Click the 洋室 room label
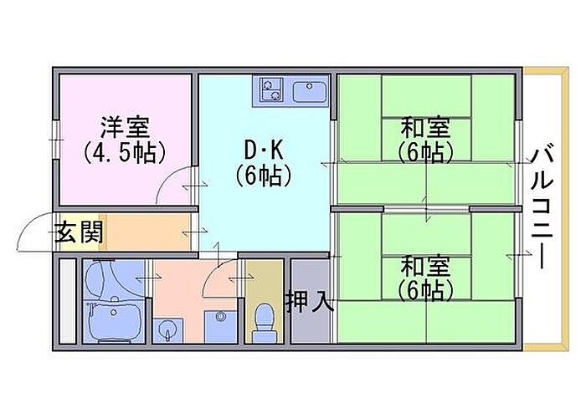coord(125,128)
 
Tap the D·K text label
coord(264,150)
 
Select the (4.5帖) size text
coord(125,153)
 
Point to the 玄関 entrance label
coord(80,232)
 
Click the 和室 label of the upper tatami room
coord(425,128)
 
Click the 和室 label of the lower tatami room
coord(425,267)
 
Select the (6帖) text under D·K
coord(264,176)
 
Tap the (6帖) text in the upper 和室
coord(425,153)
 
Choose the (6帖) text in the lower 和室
coord(425,291)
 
